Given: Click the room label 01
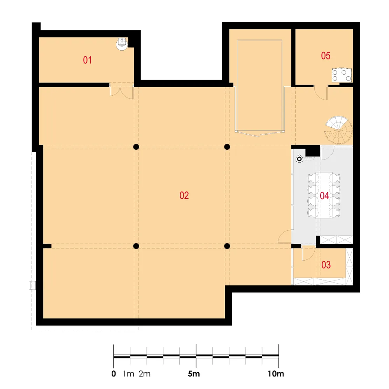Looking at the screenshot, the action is point(87,60).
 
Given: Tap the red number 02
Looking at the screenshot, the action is point(184,196).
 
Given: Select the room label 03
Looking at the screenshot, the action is point(326,265).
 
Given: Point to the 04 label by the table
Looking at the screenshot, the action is point(324,196).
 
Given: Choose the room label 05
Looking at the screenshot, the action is point(326,56).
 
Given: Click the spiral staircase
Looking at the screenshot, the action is point(339,130).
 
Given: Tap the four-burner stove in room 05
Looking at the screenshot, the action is point(342,75).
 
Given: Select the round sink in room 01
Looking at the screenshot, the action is point(122,44).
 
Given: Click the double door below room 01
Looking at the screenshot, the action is point(122,91).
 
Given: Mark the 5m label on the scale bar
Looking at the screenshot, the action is point(194,373).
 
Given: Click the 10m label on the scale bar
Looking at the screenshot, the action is point(276,373).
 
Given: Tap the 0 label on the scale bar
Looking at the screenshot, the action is point(114,373).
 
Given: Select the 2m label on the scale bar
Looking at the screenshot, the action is point(145,373).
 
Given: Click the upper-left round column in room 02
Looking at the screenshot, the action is point(136,147).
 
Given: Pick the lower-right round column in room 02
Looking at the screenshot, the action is point(227,246).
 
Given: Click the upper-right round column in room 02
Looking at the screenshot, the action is point(227,147).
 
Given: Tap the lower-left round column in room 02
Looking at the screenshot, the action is point(136,246).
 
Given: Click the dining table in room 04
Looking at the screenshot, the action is point(324,195).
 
